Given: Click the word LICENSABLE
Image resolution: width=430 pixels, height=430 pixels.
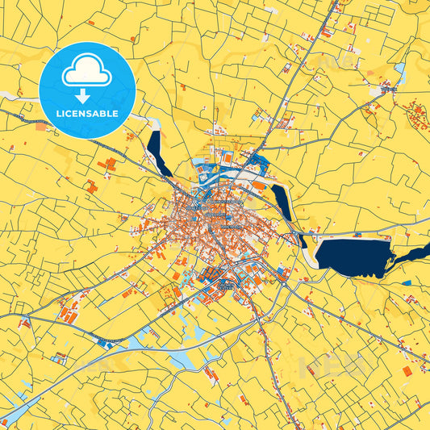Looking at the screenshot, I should (x=87, y=115).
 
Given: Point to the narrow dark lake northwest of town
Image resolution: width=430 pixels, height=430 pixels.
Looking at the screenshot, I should (x=157, y=153).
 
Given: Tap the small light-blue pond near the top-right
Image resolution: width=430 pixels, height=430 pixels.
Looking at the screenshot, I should (x=399, y=70).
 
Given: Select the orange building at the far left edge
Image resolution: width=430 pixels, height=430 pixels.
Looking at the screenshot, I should (x=41, y=126).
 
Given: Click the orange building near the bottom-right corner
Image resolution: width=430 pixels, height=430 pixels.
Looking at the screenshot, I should (x=406, y=371).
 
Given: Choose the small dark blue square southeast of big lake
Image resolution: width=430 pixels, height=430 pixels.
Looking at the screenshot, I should (x=406, y=283).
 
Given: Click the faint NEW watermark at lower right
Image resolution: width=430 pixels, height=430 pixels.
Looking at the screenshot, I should (x=331, y=368).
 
